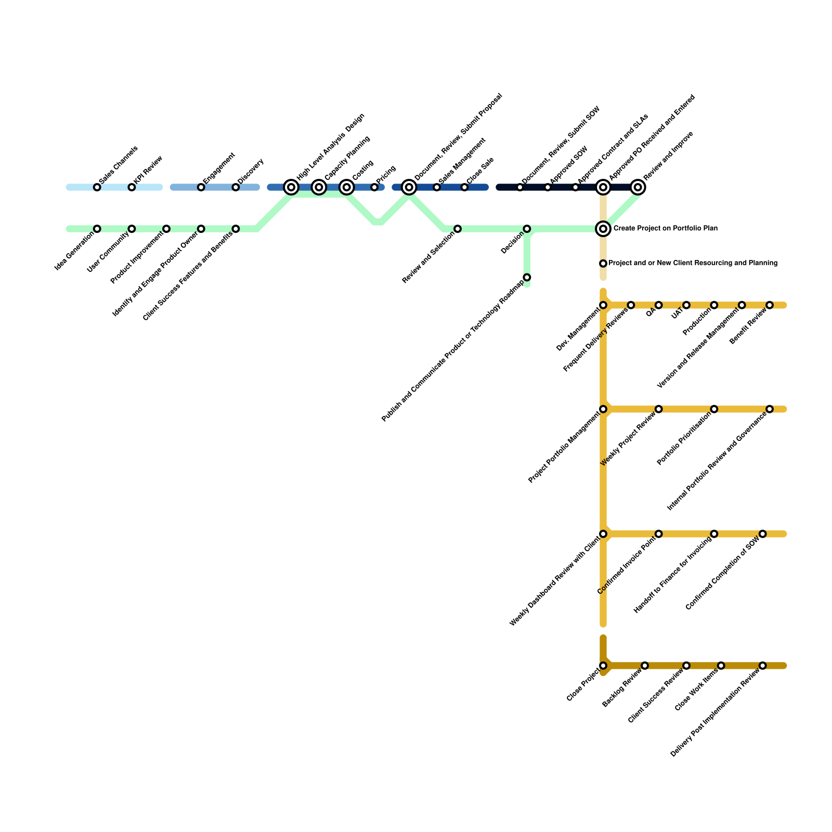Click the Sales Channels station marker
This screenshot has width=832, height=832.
click(97, 187)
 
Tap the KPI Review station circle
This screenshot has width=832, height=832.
click(132, 187)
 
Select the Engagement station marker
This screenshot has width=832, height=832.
click(201, 187)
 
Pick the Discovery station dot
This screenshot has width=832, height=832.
click(236, 187)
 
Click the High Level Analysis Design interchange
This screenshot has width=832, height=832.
click(291, 187)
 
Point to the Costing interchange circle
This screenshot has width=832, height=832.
click(347, 187)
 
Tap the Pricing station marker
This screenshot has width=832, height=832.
click(374, 187)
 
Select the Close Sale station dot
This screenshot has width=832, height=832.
click(464, 187)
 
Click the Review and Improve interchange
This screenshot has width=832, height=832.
click(638, 187)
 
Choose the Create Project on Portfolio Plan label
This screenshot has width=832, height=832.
click(665, 229)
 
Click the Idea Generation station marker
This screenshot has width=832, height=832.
click(97, 229)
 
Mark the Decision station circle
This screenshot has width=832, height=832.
click(527, 229)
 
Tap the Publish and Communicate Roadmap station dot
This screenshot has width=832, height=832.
click(527, 277)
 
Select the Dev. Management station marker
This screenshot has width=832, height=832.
click(603, 305)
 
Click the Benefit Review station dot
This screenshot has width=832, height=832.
click(770, 305)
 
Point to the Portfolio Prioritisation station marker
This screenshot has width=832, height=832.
click(714, 409)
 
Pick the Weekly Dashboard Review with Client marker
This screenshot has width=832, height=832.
click(603, 534)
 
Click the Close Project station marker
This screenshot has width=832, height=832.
click(603, 666)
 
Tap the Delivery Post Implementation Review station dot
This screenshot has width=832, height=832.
click(762, 666)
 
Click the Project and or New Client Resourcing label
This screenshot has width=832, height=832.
click(693, 264)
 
